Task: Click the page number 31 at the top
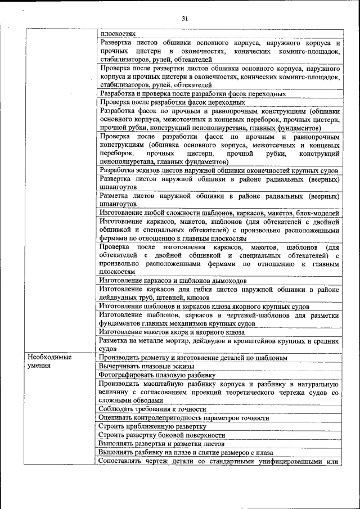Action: [184, 19]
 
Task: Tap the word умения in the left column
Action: [39, 366]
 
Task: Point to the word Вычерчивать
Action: [119, 366]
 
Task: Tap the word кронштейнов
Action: [256, 341]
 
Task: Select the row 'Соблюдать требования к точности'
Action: [152, 409]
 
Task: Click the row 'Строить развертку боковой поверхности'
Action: [161, 435]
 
